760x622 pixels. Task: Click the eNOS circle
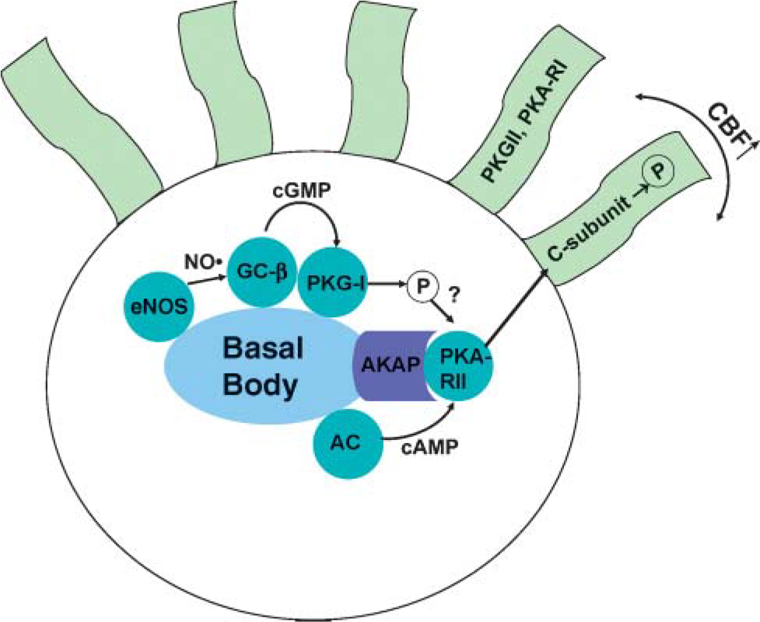tap(160, 306)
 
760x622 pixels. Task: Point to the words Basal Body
tap(262, 365)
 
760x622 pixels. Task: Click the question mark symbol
tap(454, 295)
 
